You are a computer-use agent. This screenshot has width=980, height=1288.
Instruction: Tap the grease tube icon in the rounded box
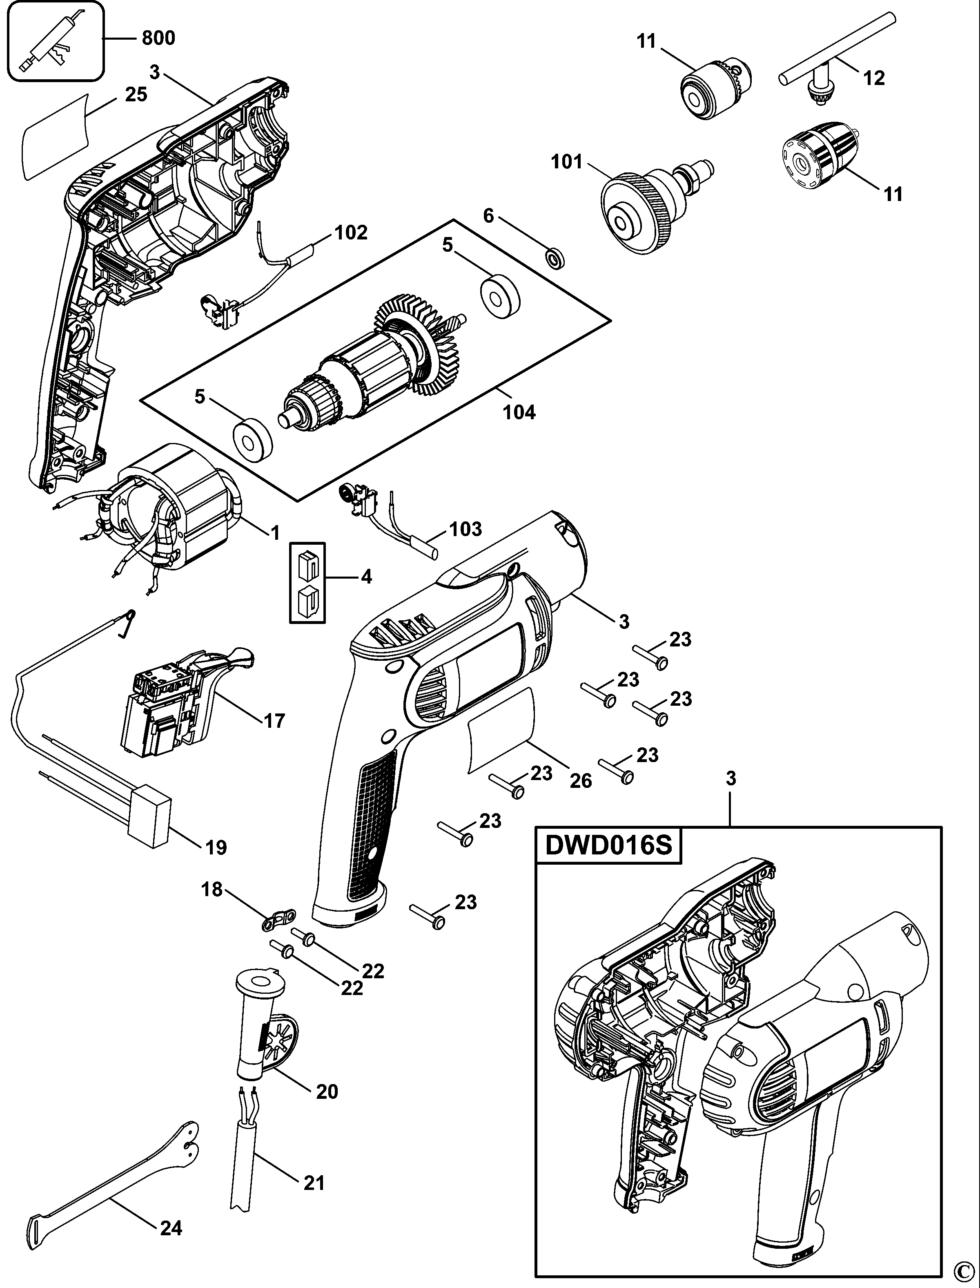click(53, 41)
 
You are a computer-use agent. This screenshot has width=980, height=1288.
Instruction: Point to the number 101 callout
click(567, 162)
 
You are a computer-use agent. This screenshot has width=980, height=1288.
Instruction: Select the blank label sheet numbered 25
click(56, 136)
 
